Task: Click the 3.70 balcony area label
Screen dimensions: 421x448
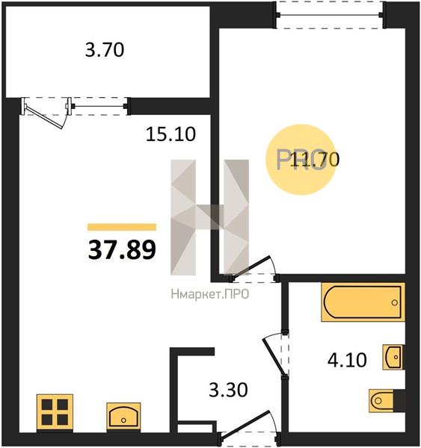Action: coord(105,50)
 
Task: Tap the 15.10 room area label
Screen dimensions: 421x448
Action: coord(170,134)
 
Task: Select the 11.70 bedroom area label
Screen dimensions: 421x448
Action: coord(315,160)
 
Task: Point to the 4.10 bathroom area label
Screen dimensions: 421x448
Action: coord(347,360)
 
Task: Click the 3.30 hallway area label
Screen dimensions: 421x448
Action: coord(228,390)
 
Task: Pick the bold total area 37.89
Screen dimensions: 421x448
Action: coord(122,249)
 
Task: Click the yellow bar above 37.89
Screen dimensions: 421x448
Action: coord(122,227)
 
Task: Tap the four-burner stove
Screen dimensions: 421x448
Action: coord(55,411)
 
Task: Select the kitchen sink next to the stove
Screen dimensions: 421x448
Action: coord(123,416)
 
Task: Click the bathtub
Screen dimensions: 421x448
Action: coord(363,302)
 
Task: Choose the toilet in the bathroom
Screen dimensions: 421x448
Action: coord(387,400)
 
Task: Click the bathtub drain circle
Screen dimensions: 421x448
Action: coord(395,302)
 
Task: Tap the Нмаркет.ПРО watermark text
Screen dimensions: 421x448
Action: coord(210,294)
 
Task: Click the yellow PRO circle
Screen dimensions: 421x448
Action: coord(301,160)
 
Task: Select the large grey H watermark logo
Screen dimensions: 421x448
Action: coord(210,217)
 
